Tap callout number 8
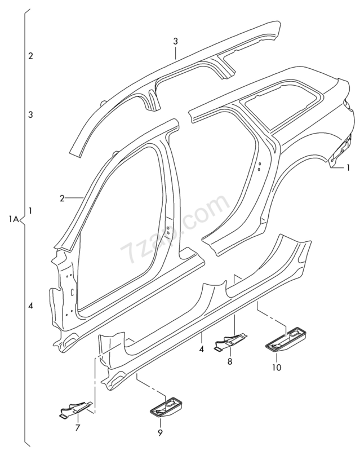(229, 361)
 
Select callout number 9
(159, 432)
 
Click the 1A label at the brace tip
(15, 218)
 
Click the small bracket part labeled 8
(230, 342)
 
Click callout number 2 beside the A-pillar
(61, 198)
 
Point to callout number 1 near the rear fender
(348, 167)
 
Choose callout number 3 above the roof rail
(175, 41)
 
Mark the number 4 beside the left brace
(30, 305)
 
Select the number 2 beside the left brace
(30, 56)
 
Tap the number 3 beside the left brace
(30, 115)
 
